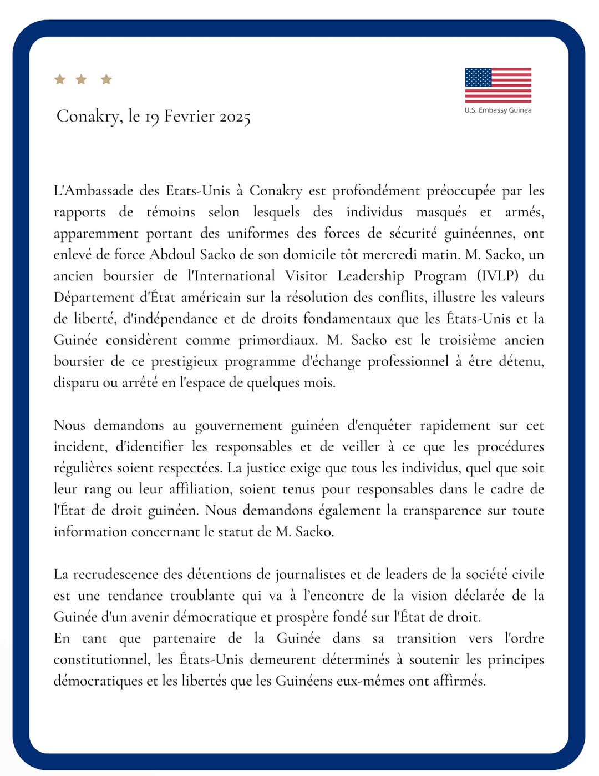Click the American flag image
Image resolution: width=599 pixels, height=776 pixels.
tap(498, 85)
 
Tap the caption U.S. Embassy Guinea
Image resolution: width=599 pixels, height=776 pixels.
tap(498, 110)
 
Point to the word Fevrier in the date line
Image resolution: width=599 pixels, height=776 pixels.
tap(189, 116)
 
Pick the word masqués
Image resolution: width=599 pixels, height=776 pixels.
tap(441, 212)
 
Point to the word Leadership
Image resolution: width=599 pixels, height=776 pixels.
tap(371, 276)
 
